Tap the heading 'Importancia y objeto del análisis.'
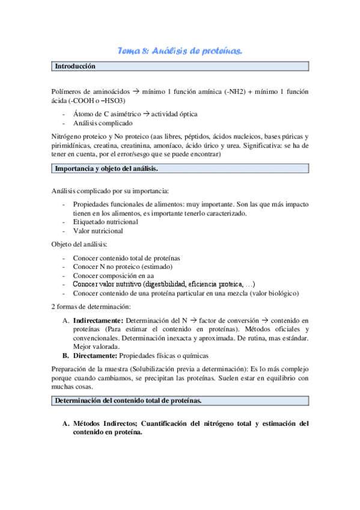point(107,169)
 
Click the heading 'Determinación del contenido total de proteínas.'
point(128,401)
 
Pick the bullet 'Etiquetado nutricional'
point(105,222)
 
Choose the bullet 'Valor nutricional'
point(98,231)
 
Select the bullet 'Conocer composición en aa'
point(112,275)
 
